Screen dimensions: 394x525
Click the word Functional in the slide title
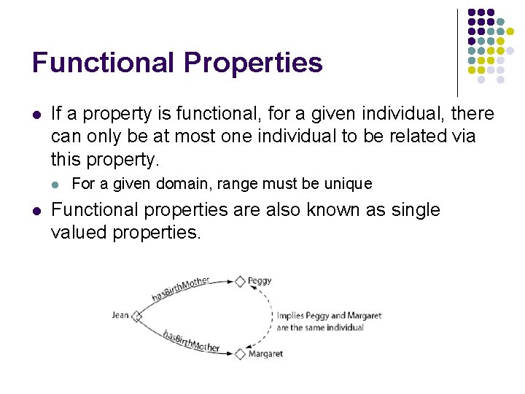[x=103, y=63]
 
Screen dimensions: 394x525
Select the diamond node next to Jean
[x=137, y=317]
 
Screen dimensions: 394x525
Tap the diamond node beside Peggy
[x=240, y=280]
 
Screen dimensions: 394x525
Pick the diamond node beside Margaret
[x=240, y=354]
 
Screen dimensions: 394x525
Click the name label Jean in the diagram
[x=120, y=316]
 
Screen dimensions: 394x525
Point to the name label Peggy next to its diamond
[x=260, y=280]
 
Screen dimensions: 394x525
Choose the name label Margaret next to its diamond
[x=265, y=354]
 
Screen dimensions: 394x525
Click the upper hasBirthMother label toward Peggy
[x=181, y=289]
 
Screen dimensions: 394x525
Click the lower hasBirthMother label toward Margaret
[x=191, y=341]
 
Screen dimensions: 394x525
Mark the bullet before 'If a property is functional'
[x=36, y=115]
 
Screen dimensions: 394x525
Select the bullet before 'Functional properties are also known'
[x=36, y=211]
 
